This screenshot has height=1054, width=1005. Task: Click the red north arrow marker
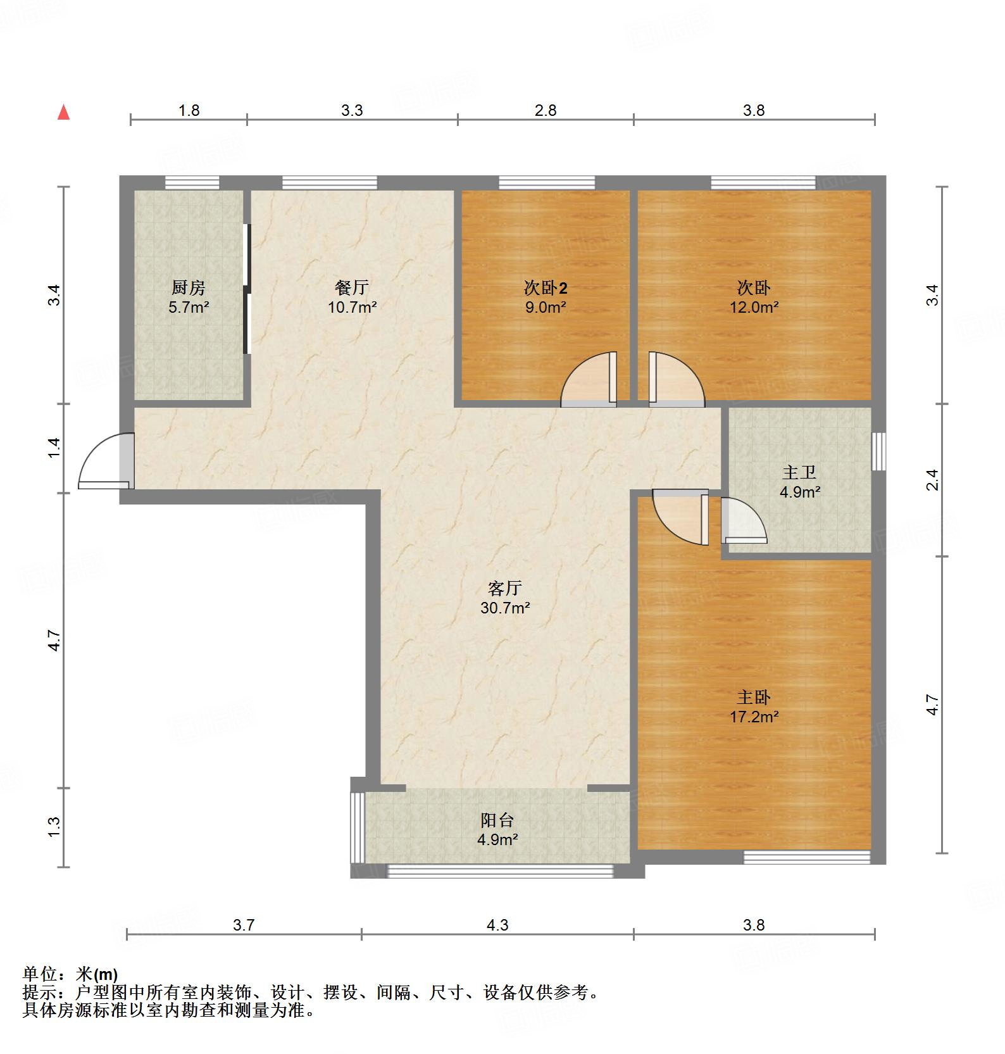[x=63, y=113]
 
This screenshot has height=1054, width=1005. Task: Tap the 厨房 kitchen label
[x=189, y=288]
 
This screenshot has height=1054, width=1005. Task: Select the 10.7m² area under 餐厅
[x=353, y=308]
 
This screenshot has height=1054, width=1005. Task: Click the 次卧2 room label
[x=545, y=288]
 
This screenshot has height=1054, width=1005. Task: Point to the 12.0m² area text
[x=754, y=308]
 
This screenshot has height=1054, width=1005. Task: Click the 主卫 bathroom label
[x=799, y=472]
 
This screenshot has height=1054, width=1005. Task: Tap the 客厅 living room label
[x=504, y=588]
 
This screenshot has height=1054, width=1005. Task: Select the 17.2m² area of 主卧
[x=754, y=717]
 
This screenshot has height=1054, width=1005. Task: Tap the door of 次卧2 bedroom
[x=589, y=380]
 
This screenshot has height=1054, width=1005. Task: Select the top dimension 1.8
[x=189, y=111]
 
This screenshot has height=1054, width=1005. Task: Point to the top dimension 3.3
[x=352, y=111]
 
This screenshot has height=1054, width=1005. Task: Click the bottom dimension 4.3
[x=497, y=925]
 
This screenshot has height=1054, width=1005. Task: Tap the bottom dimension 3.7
[x=244, y=925]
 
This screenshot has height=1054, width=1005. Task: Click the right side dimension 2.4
[x=932, y=479]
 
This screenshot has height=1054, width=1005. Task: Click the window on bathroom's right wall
[x=878, y=451]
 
